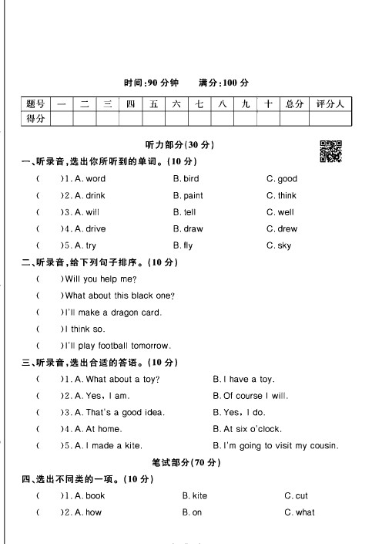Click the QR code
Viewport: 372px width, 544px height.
point(330,151)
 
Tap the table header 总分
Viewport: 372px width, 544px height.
point(293,103)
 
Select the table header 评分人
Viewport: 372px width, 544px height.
point(330,103)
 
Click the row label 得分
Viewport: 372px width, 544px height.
point(35,118)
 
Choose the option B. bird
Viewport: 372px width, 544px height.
point(186,179)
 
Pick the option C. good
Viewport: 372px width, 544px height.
point(281,179)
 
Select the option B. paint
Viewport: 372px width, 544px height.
point(188,196)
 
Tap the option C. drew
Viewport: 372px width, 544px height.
point(281,229)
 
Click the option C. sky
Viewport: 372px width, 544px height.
point(279,246)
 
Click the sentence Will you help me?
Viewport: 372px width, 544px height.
point(101,279)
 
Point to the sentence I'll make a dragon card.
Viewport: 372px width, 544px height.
point(113,313)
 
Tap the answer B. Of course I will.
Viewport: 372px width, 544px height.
point(250,396)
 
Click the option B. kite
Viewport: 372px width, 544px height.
point(194,496)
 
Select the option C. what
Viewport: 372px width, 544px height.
point(299,513)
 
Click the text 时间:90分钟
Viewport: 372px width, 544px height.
point(151,83)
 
